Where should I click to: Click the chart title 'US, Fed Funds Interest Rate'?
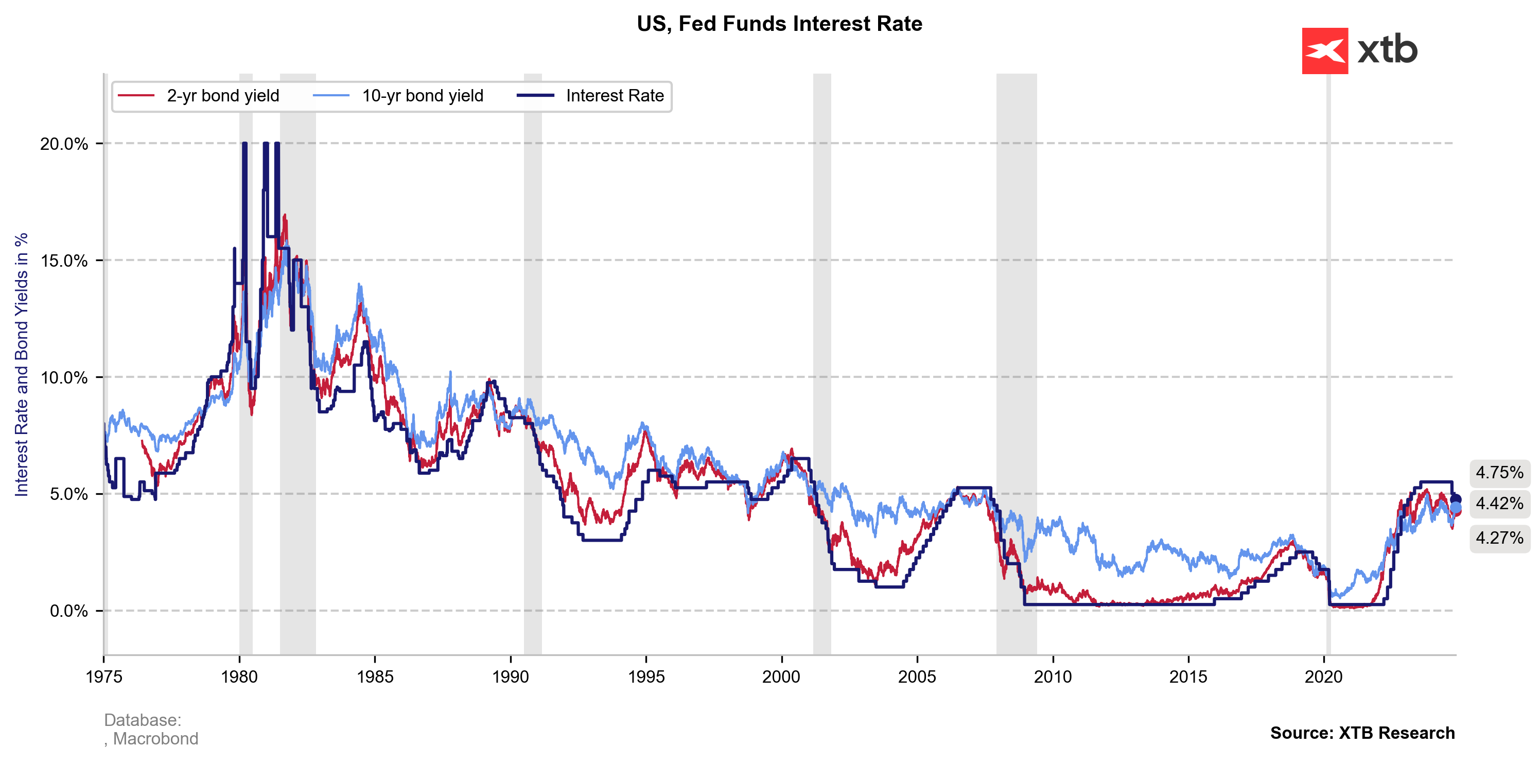[x=779, y=24]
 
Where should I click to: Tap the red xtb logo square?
[x=1324, y=51]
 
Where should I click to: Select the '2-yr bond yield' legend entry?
[x=222, y=96]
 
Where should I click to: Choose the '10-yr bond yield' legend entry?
[x=422, y=96]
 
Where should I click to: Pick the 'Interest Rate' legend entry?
[x=615, y=96]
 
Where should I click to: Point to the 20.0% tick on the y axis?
[x=64, y=144]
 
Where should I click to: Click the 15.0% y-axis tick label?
[x=64, y=261]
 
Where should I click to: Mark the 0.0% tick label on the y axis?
[x=68, y=611]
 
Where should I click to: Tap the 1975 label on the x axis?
[x=104, y=677]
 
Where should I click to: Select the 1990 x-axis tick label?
[x=511, y=677]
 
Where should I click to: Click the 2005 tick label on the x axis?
[x=917, y=677]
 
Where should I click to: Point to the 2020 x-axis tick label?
[x=1324, y=677]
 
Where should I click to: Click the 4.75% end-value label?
[x=1499, y=473]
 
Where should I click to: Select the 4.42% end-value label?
[x=1499, y=504]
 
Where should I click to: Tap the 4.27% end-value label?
[x=1499, y=538]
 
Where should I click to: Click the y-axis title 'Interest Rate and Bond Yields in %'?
[x=22, y=365]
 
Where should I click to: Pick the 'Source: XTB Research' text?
[x=1362, y=733]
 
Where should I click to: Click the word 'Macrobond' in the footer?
[x=155, y=739]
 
